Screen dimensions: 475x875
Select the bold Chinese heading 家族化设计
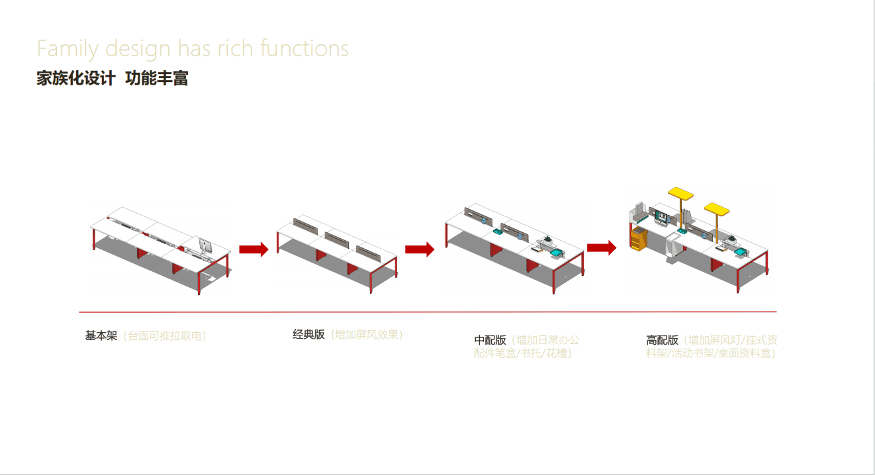75,78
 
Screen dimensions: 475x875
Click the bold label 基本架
101,335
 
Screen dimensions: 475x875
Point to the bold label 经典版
308,334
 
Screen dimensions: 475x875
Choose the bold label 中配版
490,340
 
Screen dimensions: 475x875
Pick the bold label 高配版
662,340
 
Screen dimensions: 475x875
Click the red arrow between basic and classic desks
253,249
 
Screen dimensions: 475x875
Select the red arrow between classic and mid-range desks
420,249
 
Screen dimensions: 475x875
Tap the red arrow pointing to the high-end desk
601,248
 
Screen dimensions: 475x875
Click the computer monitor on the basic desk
205,247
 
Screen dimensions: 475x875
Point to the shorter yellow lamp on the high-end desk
717,210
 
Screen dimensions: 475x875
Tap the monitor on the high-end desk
661,216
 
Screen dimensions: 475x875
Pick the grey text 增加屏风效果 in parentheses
367,334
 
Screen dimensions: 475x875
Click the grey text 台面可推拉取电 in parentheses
165,335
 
